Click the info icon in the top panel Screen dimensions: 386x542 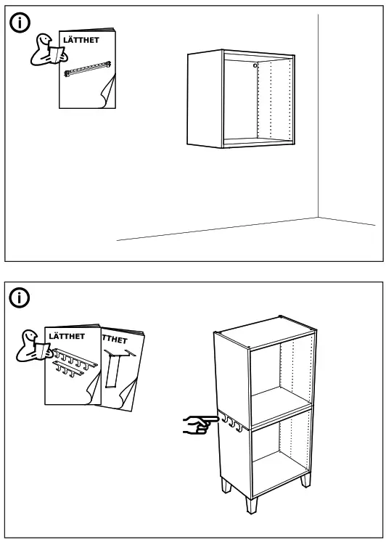(20, 22)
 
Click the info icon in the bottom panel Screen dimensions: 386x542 (20, 297)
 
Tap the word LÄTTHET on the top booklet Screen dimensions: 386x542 (81, 40)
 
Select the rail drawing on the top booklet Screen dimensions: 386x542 (88, 69)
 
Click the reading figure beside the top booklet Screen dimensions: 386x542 (47, 50)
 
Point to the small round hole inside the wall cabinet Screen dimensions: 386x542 (255, 65)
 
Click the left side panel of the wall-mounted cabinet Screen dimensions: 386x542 (205, 99)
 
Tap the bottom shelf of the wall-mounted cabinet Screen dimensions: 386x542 (258, 141)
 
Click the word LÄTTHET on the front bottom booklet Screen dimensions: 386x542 (67, 337)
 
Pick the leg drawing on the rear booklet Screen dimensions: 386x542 (117, 368)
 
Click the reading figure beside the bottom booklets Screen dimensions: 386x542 (33, 346)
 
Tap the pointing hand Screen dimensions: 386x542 (200, 424)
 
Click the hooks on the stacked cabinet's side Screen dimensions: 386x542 (231, 422)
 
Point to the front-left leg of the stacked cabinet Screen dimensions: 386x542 (252, 505)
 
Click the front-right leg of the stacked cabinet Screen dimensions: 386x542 (305, 480)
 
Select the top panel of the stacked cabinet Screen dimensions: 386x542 (265, 332)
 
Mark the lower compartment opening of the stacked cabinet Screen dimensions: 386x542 (282, 453)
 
